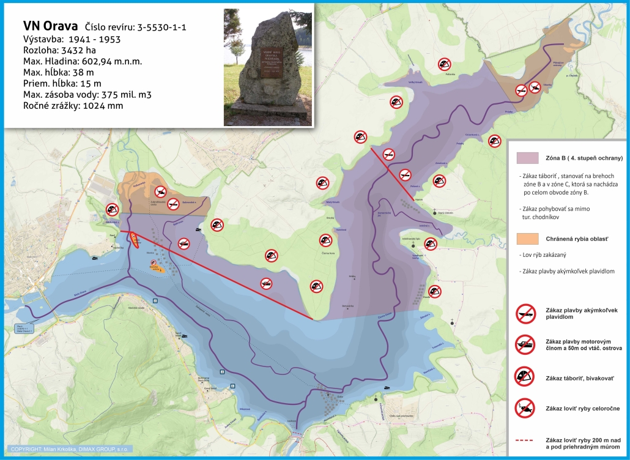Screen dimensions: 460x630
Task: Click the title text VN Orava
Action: [x=50, y=26]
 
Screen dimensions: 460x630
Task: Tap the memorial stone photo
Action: [x=268, y=67]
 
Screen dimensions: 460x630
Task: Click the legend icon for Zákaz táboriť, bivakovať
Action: [x=525, y=376]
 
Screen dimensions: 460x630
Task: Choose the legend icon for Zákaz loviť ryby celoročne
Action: [x=525, y=407]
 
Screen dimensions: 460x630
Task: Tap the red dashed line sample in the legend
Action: [x=525, y=440]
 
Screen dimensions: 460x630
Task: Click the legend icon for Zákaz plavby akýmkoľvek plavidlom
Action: [x=525, y=314]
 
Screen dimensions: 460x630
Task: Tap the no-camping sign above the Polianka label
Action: [x=445, y=63]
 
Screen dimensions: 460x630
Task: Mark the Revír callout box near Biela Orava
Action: [x=23, y=329]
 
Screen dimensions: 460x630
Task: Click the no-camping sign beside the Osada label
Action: [x=435, y=291]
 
